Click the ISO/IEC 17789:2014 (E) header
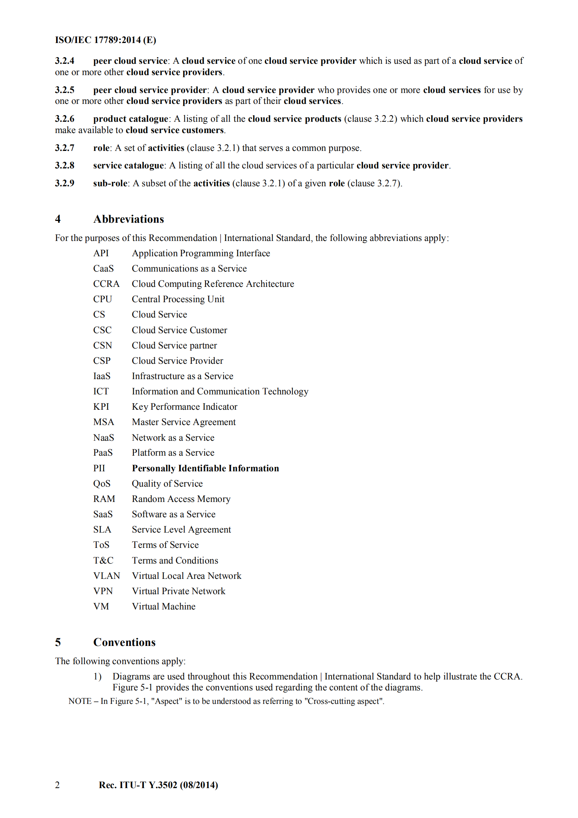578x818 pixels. point(105,40)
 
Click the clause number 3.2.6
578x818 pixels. point(64,119)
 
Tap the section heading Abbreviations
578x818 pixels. point(129,219)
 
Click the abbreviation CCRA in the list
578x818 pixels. point(106,284)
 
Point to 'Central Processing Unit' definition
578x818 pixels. point(178,299)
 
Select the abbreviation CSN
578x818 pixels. point(102,345)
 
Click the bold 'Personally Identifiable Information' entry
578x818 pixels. point(205,468)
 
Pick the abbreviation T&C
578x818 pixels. point(103,560)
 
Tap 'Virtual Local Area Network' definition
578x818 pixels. point(186,576)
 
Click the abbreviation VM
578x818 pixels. point(101,606)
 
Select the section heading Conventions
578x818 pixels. point(124,642)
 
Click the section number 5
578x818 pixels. point(58,642)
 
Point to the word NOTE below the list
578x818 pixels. point(80,701)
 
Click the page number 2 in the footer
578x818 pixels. point(57,785)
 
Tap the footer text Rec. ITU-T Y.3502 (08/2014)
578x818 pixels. point(158,785)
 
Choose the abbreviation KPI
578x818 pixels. point(101,406)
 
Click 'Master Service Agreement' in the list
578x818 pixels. point(184,422)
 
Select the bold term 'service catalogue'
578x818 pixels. point(128,165)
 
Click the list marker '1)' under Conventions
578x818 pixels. point(97,677)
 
